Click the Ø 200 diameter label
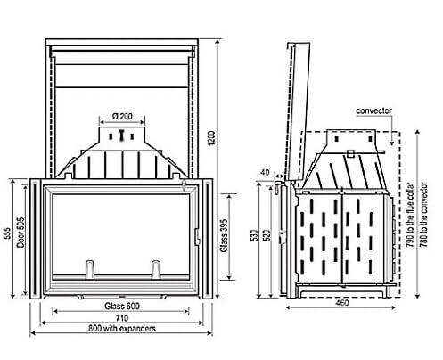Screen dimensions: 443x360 [122, 116]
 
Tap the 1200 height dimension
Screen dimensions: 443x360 [211, 138]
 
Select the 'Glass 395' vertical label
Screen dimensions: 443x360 [224, 235]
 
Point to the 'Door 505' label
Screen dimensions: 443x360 [21, 232]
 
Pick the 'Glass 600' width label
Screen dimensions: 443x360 [122, 306]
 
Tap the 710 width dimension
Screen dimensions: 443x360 [122, 318]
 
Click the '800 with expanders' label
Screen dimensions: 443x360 [122, 329]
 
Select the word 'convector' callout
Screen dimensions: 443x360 [373, 110]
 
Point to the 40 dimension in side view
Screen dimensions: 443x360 [265, 172]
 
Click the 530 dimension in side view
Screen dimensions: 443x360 [255, 235]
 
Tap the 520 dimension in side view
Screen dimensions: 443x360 [267, 235]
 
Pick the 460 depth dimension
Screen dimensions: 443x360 [342, 303]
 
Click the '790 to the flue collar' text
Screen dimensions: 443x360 [410, 216]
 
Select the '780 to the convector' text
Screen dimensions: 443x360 [424, 215]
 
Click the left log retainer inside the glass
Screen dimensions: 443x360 [89, 270]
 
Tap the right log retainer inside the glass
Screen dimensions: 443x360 [156, 270]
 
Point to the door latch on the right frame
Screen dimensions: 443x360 [197, 237]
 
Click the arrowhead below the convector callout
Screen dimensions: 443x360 [392, 143]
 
